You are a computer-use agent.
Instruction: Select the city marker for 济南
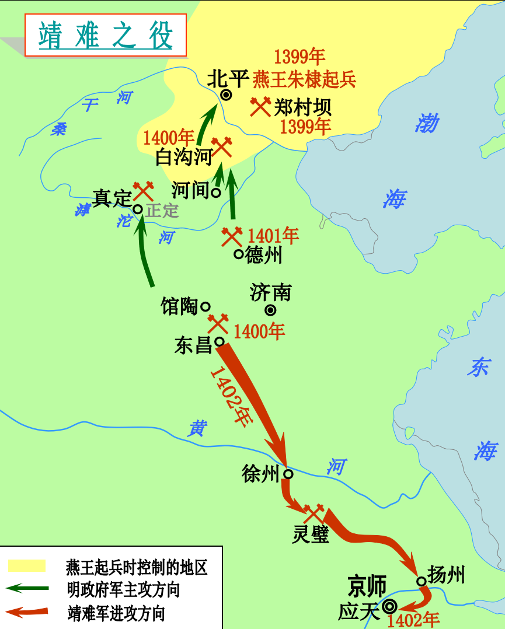(270, 310)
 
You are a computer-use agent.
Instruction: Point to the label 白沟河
(182, 156)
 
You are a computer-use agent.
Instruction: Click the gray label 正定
(162, 210)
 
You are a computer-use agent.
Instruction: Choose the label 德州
(264, 254)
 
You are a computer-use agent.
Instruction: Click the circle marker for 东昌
(220, 341)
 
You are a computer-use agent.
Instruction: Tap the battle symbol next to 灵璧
(314, 513)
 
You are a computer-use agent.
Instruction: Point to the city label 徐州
(260, 474)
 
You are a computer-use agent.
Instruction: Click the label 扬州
(447, 575)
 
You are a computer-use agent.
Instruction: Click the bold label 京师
(367, 585)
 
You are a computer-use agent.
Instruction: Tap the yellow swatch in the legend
(26, 565)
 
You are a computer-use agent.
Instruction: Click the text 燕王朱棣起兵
(304, 79)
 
